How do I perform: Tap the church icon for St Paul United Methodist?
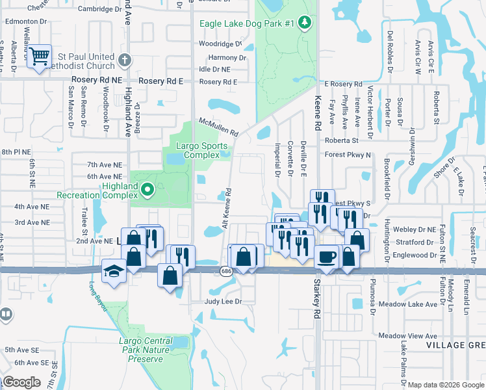click(x=125, y=60)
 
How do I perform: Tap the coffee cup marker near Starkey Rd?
click(x=326, y=256)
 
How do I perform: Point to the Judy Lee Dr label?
click(x=223, y=302)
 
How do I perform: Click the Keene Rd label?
click(x=318, y=112)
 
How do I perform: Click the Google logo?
click(x=22, y=382)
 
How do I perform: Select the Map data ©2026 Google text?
click(x=446, y=385)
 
